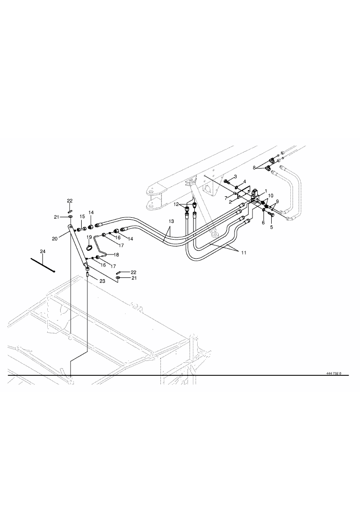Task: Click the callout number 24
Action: pos(42,252)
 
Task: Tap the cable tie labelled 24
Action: pos(43,265)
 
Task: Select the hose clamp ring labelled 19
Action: pos(90,249)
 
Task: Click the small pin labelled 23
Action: pos(87,275)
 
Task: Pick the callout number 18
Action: pos(116,254)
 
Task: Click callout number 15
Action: pos(82,216)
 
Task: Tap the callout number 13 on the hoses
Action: pos(171,221)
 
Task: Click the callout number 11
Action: pos(244,253)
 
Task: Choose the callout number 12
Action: pos(177,204)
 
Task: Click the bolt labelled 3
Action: pos(227,181)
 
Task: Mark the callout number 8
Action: pos(254,167)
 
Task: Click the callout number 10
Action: pos(271,196)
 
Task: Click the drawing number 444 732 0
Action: pos(334,373)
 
